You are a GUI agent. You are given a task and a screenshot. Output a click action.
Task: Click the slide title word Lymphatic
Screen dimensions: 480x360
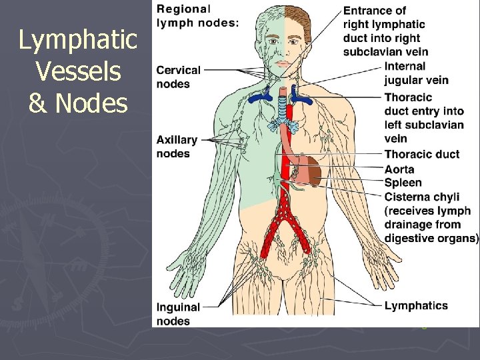click(x=77, y=41)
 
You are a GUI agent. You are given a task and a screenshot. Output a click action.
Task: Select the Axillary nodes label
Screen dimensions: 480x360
click(x=177, y=147)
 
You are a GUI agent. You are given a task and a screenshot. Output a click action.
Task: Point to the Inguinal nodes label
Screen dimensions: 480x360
click(x=178, y=314)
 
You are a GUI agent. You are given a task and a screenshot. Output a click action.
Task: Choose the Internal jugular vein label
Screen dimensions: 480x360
click(x=416, y=73)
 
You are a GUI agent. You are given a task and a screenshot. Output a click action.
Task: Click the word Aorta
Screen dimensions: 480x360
click(x=399, y=169)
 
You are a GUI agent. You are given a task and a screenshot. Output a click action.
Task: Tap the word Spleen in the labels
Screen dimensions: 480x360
click(x=403, y=182)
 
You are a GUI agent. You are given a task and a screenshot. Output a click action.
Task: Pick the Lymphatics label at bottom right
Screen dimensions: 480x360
click(x=416, y=306)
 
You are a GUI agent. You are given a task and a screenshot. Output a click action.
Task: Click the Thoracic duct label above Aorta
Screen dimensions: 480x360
click(x=422, y=155)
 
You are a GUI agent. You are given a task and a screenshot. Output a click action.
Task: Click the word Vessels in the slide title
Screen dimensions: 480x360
click(x=79, y=72)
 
